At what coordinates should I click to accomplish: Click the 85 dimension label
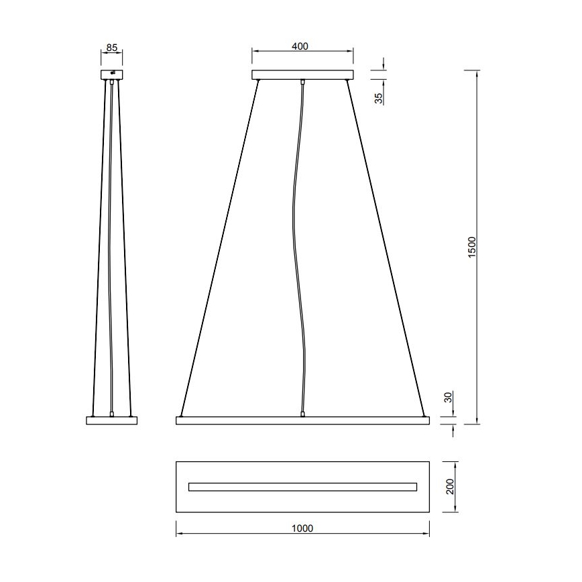(112, 48)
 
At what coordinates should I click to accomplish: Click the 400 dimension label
(300, 46)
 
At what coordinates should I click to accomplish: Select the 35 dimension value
(379, 98)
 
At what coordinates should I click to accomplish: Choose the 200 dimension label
(451, 486)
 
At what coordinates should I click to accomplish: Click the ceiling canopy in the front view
(302, 74)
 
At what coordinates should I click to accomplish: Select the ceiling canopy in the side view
(112, 74)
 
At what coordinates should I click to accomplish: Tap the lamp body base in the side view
(112, 420)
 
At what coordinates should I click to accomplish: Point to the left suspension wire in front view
(218, 248)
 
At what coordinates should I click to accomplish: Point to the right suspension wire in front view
(387, 248)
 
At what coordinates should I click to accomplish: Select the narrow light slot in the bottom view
(302, 487)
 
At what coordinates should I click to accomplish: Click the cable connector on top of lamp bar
(302, 414)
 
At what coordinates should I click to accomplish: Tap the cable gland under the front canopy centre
(302, 82)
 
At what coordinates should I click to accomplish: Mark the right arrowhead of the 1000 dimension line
(426, 535)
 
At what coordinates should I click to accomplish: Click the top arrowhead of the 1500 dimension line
(477, 72)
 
